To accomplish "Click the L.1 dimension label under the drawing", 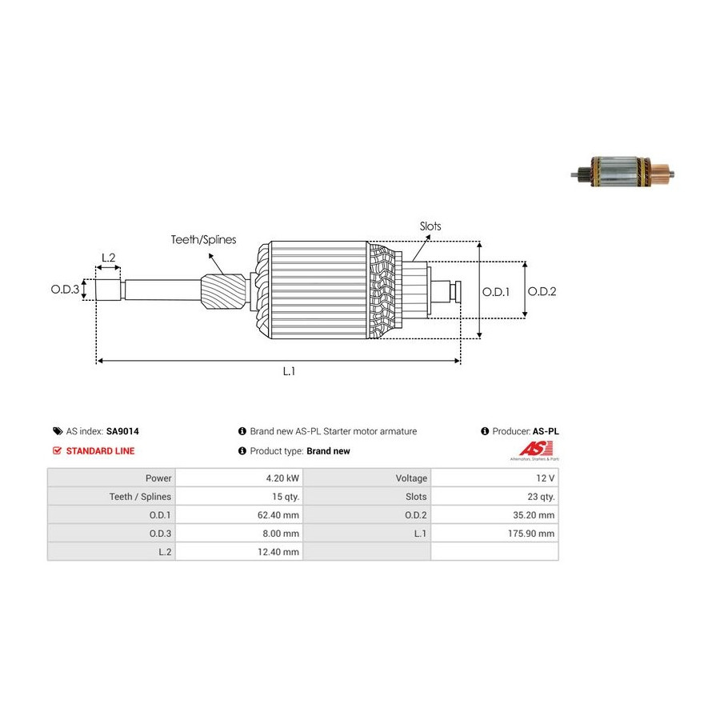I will click(x=289, y=371).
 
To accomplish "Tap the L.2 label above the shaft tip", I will click(x=108, y=258).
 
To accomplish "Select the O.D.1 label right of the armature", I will click(x=496, y=292).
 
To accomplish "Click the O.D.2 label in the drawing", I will click(x=542, y=292).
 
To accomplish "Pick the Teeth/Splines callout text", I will click(x=203, y=239).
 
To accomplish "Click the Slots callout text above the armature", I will click(x=430, y=226).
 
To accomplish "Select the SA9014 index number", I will click(x=122, y=431).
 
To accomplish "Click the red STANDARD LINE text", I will click(x=100, y=451).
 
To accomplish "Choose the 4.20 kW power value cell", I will click(x=238, y=478).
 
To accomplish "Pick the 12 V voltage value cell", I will click(x=494, y=478).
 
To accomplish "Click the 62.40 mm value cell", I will click(x=238, y=515).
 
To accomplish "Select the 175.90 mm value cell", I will click(x=494, y=534).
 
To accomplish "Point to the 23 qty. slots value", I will click(x=494, y=497).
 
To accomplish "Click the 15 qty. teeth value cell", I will click(x=238, y=497).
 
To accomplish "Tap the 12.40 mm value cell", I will click(x=238, y=552).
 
